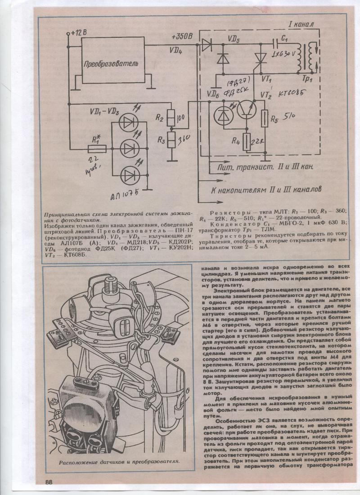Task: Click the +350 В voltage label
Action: pyautogui.click(x=182, y=36)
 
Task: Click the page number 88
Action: pyautogui.click(x=49, y=482)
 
